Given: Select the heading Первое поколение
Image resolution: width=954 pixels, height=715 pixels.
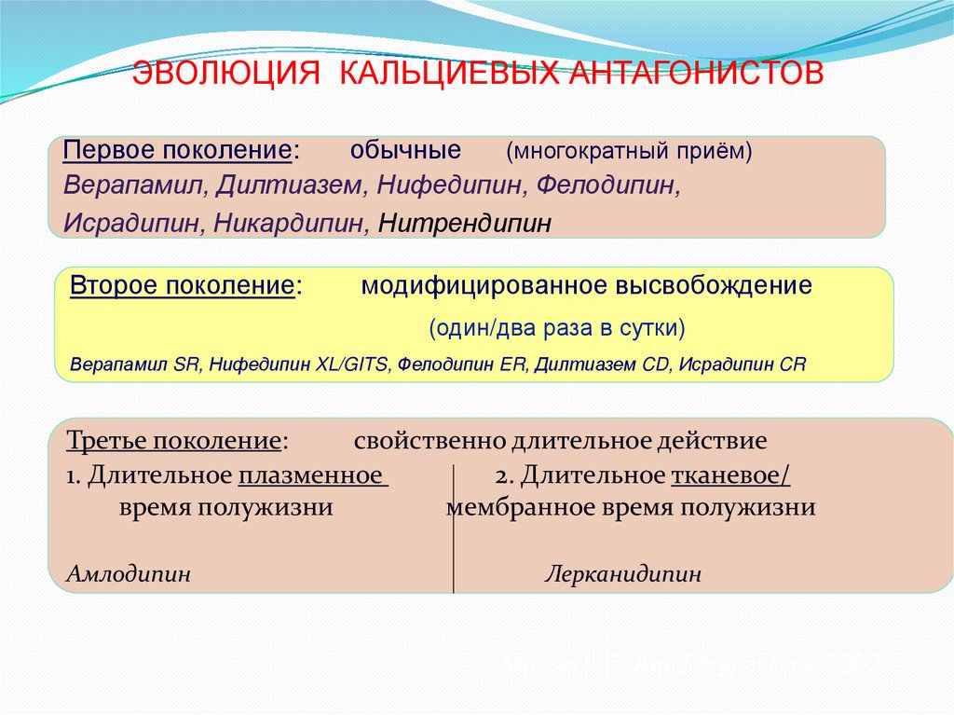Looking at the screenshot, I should [x=178, y=151].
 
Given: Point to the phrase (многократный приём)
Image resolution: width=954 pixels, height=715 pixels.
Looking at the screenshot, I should [x=629, y=151].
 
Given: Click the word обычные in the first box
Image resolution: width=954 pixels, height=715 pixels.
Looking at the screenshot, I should [x=406, y=150].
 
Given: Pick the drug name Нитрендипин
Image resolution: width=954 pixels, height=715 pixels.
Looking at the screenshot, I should [x=465, y=224].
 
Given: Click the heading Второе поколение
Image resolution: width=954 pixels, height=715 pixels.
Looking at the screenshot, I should [x=183, y=285].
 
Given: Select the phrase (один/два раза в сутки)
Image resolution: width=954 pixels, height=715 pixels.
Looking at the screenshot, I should [x=556, y=328].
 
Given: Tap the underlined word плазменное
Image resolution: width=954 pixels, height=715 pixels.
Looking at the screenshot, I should [x=312, y=475].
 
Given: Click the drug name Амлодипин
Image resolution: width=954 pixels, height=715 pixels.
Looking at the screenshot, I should [x=129, y=574].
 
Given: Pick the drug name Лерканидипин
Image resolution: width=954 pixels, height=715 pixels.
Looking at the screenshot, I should [x=622, y=574].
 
